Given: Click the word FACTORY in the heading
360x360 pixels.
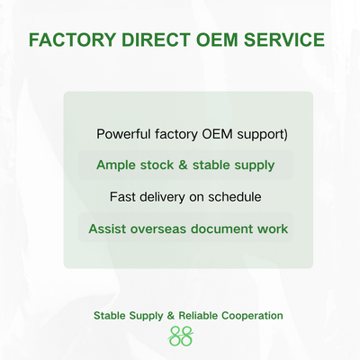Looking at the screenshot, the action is coord(72,40).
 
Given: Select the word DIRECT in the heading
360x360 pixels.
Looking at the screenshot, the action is coord(156,40).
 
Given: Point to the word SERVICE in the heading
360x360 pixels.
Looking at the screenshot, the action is coord(284,40).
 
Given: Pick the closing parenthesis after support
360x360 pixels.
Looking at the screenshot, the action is coord(285,135).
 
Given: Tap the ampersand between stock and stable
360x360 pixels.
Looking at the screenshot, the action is coord(183,165).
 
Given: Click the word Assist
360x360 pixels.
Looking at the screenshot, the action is coord(107,229).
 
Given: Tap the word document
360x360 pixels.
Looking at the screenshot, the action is coord(221,229).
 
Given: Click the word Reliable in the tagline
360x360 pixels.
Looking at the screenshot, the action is coord(198,316).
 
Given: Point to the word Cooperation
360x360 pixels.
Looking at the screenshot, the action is coord(252,316).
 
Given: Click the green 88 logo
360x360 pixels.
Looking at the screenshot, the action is coord(181,337).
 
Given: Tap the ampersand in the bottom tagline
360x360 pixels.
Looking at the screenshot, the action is coord(170,316).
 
